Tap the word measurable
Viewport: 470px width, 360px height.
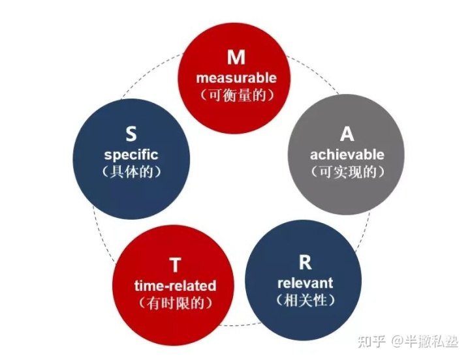pos(236,78)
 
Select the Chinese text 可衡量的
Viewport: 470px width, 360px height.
pos(236,95)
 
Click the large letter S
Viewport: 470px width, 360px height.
pos(131,134)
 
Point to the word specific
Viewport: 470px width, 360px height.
pos(131,155)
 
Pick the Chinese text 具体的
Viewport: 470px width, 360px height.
pos(131,172)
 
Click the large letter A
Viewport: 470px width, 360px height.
pos(347,134)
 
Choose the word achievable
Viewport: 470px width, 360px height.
pos(347,155)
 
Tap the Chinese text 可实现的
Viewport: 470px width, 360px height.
pos(347,172)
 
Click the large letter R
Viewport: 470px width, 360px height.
pos(305,262)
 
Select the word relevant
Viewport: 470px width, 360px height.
pos(305,283)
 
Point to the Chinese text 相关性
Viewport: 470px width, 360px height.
pos(305,300)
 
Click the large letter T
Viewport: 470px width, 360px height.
pos(175,265)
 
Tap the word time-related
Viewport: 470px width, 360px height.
pos(176,286)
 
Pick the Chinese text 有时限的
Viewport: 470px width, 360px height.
pos(176,303)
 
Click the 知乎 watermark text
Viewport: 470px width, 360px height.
pos(371,342)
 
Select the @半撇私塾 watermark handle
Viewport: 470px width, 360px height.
pos(425,342)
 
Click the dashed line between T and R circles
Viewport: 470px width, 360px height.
pos(240,324)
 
